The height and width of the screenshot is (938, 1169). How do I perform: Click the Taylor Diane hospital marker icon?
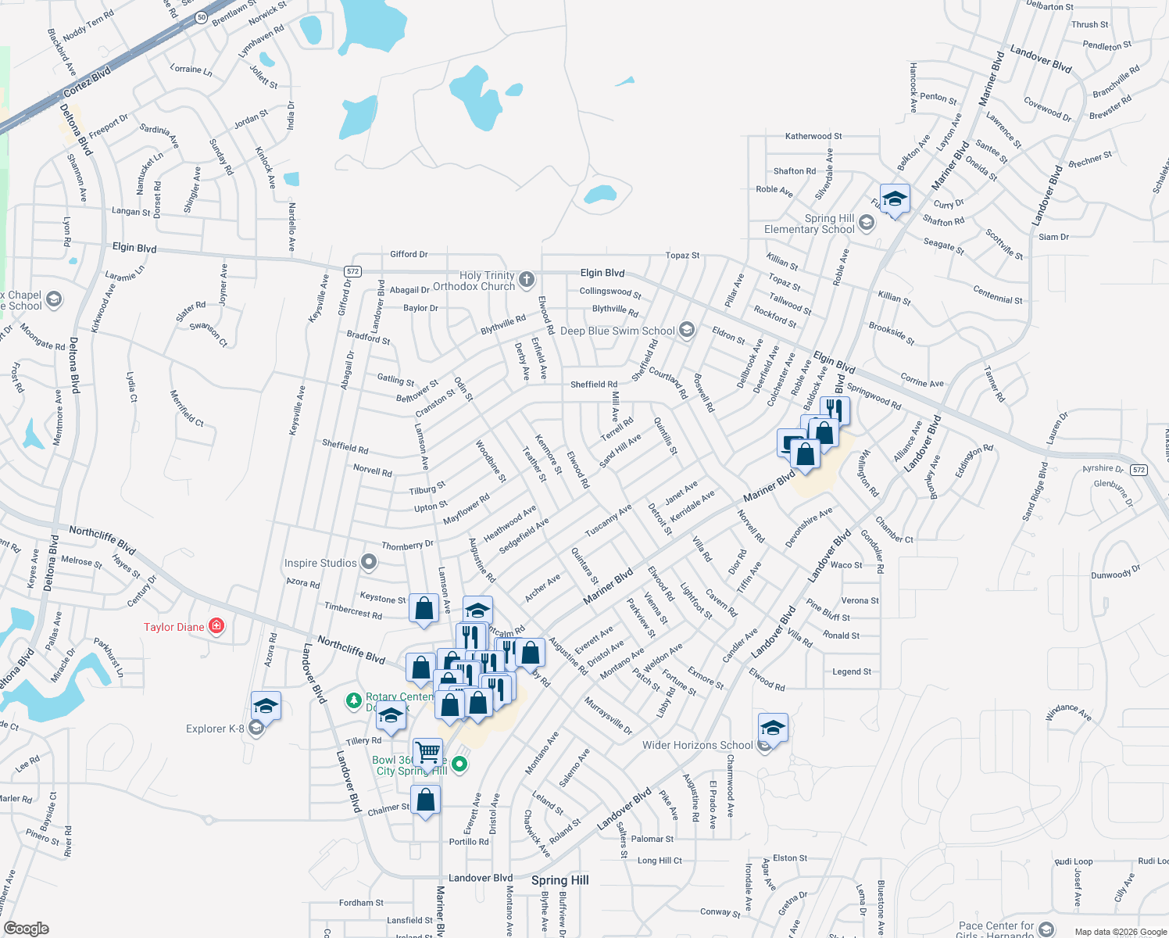click(217, 626)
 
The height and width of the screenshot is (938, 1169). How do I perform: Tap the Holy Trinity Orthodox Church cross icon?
click(527, 280)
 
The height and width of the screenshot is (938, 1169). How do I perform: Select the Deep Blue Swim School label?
click(617, 331)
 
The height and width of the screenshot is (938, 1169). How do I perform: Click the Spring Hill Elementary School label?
click(810, 224)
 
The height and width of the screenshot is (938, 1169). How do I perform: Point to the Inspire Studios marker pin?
click(370, 562)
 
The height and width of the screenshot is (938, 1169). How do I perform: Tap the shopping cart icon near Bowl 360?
click(427, 753)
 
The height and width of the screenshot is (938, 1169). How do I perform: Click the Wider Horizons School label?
click(697, 745)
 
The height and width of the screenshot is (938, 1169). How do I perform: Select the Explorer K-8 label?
click(215, 729)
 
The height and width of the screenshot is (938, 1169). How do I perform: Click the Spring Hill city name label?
click(559, 880)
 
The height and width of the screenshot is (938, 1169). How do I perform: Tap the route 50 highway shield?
click(202, 17)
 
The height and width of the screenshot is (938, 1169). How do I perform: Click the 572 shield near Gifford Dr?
click(352, 271)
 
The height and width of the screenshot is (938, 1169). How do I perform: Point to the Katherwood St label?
click(813, 136)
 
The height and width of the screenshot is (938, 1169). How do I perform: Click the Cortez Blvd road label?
click(87, 81)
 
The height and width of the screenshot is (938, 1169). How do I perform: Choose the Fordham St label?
click(361, 903)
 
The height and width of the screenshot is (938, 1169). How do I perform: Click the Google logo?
click(26, 928)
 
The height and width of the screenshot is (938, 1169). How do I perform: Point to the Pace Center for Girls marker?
click(1046, 929)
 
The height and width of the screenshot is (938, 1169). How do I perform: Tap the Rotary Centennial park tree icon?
click(354, 700)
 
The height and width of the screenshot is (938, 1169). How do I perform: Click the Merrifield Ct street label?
click(186, 407)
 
